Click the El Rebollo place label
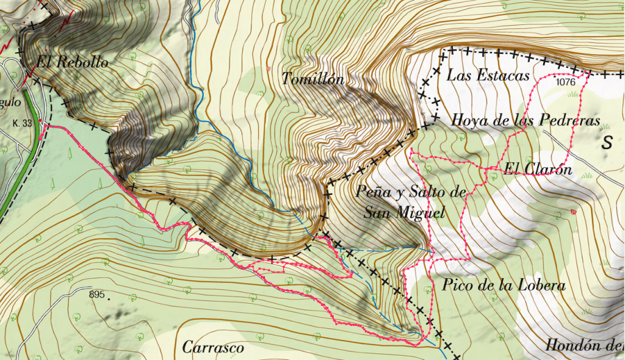[72, 62]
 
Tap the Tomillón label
[313, 79]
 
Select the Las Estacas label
[488, 76]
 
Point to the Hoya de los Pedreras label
[526, 120]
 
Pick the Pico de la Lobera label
[502, 285]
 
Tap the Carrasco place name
[213, 348]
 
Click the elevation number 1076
[566, 81]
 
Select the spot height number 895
[96, 295]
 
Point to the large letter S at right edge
[607, 143]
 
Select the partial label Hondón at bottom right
[579, 345]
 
